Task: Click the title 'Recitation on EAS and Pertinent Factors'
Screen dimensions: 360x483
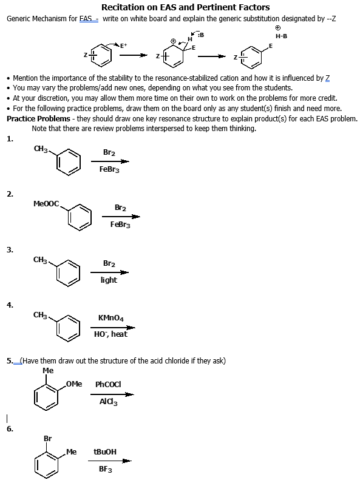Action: [185, 7]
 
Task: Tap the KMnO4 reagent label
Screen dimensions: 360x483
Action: [111, 317]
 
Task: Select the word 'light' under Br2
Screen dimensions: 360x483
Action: [109, 280]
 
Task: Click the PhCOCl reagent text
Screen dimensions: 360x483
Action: [109, 384]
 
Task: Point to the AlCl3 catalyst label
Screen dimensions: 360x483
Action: [109, 400]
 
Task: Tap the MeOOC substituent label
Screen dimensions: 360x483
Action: [46, 204]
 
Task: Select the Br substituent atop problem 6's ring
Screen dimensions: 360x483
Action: [47, 438]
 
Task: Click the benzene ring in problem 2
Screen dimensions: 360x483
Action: [79, 216]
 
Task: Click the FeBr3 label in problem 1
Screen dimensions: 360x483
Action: [109, 169]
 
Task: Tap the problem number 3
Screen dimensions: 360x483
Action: [10, 249]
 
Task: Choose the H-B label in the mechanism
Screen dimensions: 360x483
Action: [281, 36]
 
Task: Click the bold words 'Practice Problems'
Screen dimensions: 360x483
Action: [38, 118]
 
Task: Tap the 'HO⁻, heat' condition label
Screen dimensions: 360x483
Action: [110, 334]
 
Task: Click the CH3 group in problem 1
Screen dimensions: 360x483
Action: [42, 149]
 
